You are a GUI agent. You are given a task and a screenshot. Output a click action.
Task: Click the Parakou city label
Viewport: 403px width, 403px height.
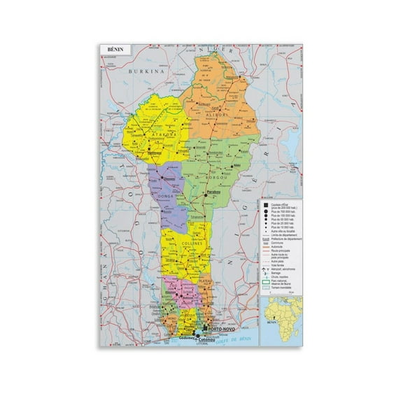213,192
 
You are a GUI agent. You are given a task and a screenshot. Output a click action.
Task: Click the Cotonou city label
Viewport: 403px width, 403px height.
210,335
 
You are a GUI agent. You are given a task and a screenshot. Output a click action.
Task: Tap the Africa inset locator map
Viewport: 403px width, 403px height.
282,318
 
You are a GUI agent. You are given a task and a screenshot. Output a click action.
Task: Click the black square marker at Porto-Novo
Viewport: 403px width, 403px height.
205,327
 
